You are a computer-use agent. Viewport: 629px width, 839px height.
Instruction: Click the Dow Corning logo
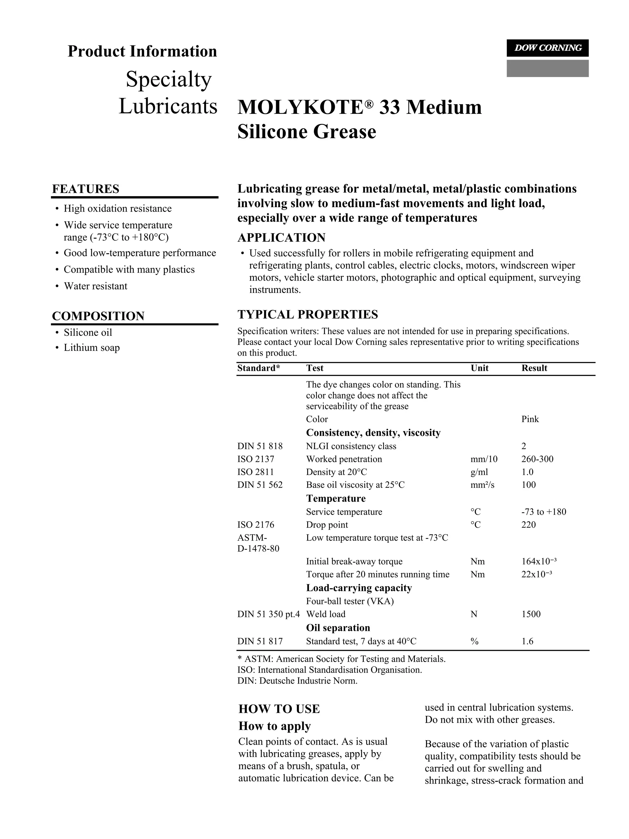[x=547, y=48]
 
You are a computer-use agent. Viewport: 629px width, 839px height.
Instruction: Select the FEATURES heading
[x=85, y=189]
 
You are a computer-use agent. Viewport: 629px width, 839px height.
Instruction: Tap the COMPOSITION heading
[x=98, y=316]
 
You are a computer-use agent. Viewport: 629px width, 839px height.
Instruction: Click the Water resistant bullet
[x=95, y=286]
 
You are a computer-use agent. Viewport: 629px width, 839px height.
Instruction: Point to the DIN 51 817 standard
[x=260, y=641]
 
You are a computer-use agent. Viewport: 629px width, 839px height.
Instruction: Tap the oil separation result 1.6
[x=527, y=641]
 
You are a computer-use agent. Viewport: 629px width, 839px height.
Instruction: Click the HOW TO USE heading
[x=279, y=709]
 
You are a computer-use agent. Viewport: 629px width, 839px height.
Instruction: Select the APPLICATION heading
[x=281, y=238]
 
